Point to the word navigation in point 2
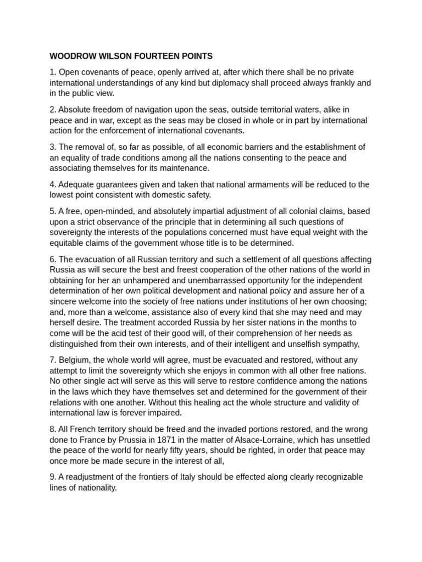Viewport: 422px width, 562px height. coord(151,110)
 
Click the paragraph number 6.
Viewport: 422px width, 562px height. coord(52,259)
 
